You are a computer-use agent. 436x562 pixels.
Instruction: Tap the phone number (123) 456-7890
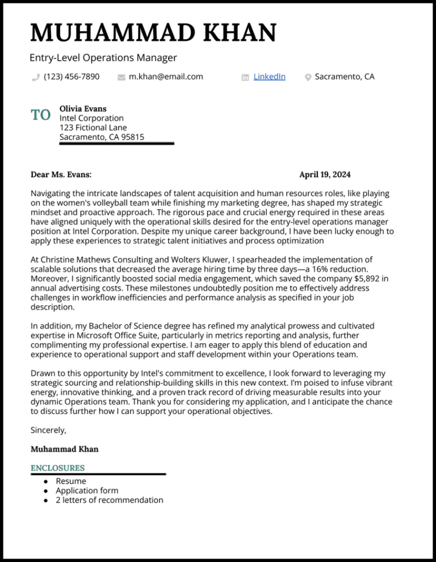point(72,77)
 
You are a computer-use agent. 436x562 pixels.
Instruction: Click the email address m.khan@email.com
point(166,77)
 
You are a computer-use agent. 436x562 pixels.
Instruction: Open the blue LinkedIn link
point(269,77)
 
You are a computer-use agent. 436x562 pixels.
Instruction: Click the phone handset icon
point(36,77)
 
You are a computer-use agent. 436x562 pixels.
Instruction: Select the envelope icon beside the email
point(121,77)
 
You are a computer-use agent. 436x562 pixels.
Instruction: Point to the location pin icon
point(308,77)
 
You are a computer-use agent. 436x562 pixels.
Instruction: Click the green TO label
point(41,116)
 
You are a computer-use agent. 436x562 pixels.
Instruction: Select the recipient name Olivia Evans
point(83,108)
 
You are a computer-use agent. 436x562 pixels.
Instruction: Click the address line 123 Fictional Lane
point(93,128)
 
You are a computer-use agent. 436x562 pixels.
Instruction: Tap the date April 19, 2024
point(325,174)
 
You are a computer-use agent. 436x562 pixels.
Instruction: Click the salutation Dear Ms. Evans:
point(61,174)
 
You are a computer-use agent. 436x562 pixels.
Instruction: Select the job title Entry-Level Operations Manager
point(103,57)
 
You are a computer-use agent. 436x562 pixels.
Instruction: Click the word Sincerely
point(48,430)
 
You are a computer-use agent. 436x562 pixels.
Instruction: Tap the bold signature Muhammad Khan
point(64,449)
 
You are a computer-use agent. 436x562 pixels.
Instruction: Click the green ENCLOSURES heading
point(57,468)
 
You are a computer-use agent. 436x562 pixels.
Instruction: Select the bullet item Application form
point(87,491)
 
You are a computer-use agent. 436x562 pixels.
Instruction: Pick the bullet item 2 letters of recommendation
point(109,500)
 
